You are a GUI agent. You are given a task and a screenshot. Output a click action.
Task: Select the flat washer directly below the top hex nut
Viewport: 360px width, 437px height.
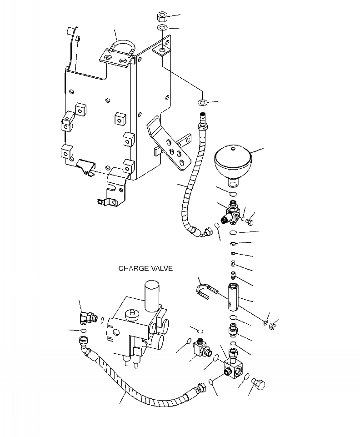click(x=161, y=29)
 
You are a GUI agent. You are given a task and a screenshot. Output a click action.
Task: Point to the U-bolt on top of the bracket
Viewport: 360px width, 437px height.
click(x=120, y=49)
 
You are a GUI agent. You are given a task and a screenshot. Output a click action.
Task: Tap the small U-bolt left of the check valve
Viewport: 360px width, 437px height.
click(x=202, y=291)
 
